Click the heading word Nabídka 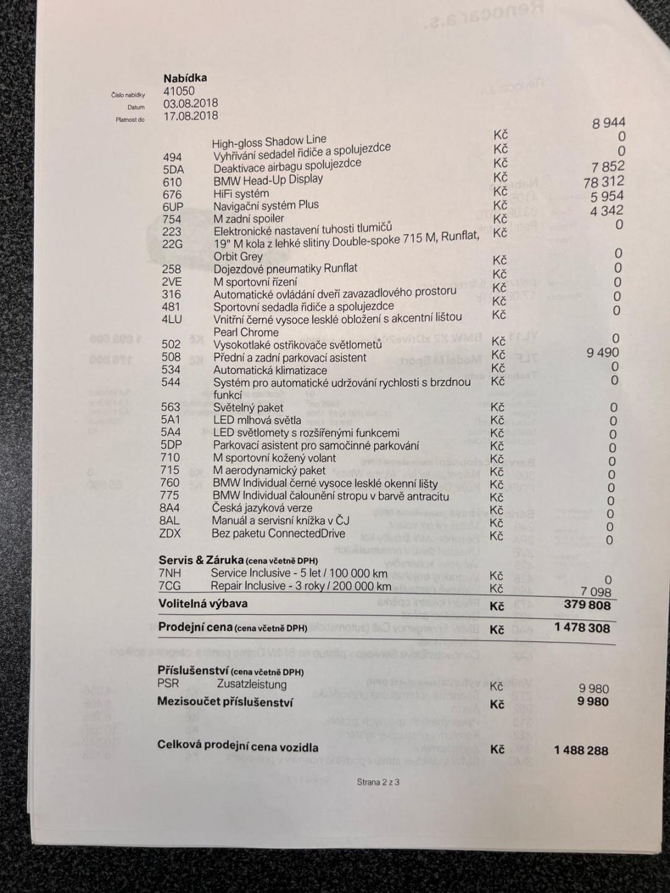[x=185, y=78]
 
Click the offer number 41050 [x=179, y=91]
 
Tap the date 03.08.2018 [x=190, y=104]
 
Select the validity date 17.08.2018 [x=190, y=116]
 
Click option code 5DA [x=173, y=169]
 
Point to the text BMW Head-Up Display [x=268, y=180]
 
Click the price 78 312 [x=604, y=182]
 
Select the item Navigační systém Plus [x=266, y=205]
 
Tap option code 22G [x=172, y=244]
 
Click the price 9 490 [x=602, y=352]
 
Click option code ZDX [x=169, y=533]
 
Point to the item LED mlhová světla [x=257, y=420]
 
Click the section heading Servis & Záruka [x=200, y=560]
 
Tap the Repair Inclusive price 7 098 [x=596, y=592]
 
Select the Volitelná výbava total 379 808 [x=587, y=605]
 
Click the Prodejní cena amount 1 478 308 [x=582, y=628]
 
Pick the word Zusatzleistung [x=251, y=684]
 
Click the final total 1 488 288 [x=581, y=750]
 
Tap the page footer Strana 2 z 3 [x=378, y=782]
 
